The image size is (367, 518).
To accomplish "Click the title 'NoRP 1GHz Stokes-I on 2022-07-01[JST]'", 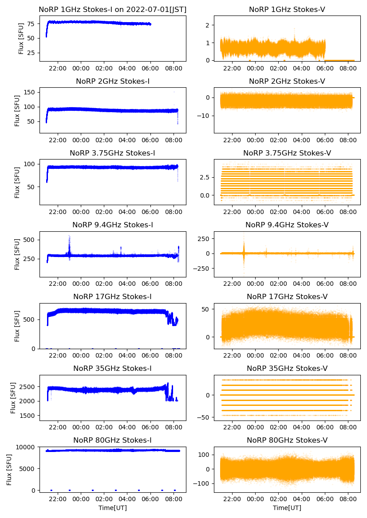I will click(113, 9).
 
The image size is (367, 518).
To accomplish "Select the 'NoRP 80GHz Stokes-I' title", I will click(113, 440).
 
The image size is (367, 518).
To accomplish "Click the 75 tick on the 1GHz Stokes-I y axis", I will click(32, 23).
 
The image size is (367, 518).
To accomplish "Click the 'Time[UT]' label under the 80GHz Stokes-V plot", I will click(287, 508).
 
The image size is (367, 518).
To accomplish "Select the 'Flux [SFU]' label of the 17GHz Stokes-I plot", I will click(17, 326).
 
